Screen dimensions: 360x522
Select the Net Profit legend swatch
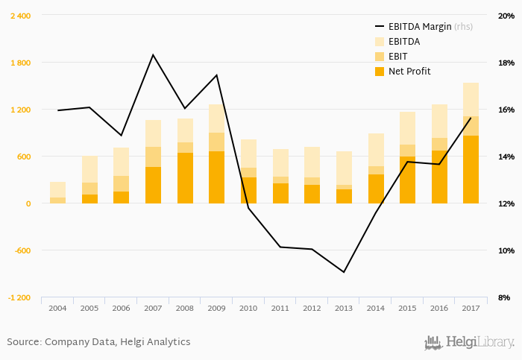[x=379, y=72]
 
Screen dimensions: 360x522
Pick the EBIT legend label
[x=399, y=57]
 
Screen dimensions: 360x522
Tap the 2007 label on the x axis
[x=153, y=308]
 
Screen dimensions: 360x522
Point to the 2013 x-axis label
[x=343, y=308]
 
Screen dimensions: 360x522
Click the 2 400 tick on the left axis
[x=20, y=16]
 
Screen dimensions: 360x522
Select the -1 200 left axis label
[x=19, y=297]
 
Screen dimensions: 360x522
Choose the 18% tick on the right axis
[x=506, y=63]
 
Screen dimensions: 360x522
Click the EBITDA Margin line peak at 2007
[x=153, y=55]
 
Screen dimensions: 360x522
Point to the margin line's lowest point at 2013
[x=343, y=272]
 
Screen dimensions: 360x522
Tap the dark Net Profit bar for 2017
[x=471, y=169]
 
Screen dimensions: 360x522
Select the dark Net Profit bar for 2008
[x=185, y=178]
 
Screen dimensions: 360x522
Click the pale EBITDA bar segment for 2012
[x=312, y=162]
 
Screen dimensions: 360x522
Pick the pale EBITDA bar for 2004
[x=57, y=189]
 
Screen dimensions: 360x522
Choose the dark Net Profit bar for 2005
[x=89, y=199]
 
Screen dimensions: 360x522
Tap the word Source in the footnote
[x=23, y=342]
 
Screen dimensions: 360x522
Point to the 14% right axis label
[x=506, y=157]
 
